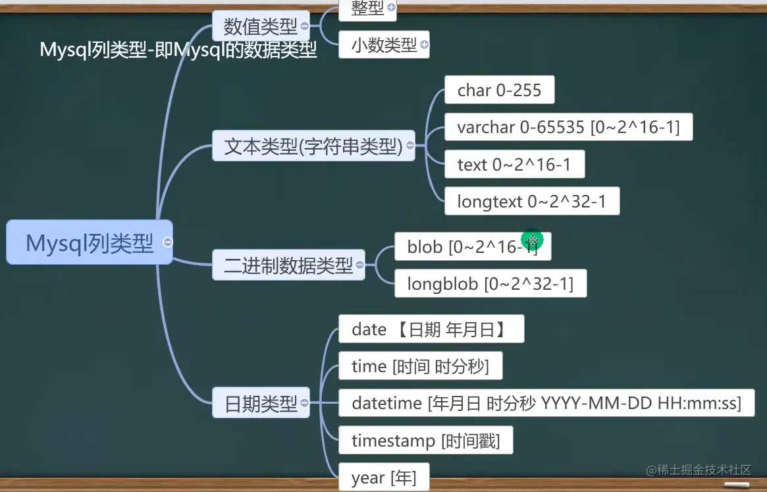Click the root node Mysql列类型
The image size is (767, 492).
click(90, 243)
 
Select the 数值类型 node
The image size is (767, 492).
click(260, 26)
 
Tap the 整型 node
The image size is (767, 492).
click(367, 8)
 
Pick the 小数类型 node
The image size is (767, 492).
click(384, 45)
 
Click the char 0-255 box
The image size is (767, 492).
click(499, 90)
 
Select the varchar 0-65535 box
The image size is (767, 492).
click(568, 127)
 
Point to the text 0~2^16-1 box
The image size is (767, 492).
click(514, 165)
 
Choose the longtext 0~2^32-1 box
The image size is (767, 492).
click(531, 202)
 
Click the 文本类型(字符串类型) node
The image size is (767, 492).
click(313, 146)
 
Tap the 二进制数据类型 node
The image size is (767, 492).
click(288, 265)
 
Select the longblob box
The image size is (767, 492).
click(490, 284)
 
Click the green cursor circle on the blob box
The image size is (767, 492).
click(532, 240)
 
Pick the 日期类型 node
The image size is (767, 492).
click(261, 403)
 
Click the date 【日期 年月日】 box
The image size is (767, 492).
click(431, 329)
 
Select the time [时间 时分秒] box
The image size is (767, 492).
click(420, 366)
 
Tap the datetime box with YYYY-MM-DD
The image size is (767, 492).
click(546, 403)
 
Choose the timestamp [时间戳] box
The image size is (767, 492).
click(425, 441)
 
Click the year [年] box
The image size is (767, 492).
click(384, 478)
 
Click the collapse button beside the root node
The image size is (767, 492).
click(167, 242)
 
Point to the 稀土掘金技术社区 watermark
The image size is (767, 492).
click(699, 470)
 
